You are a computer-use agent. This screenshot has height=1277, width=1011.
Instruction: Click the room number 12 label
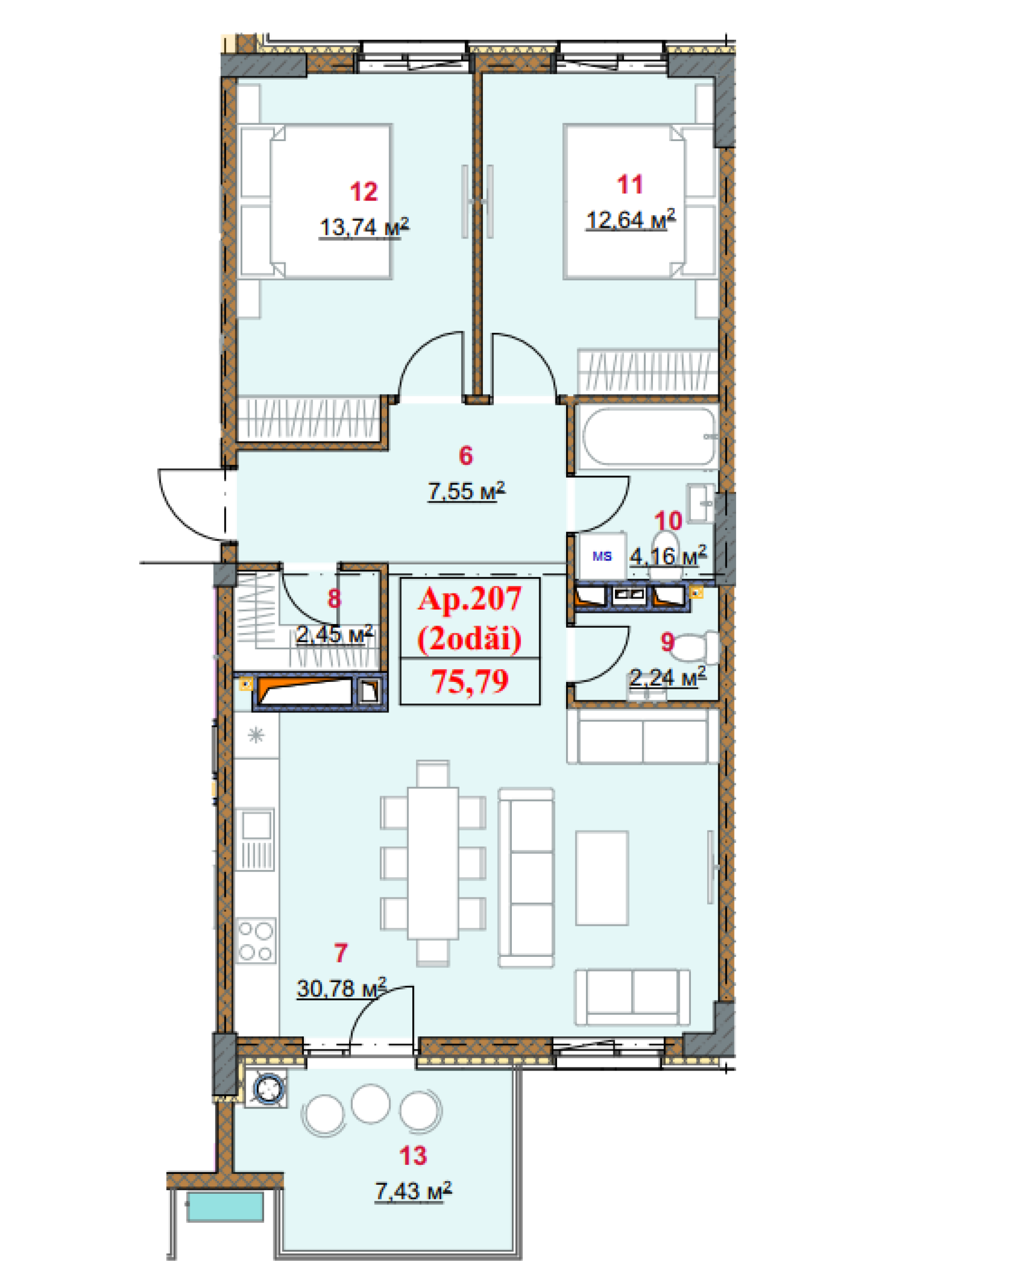point(363,192)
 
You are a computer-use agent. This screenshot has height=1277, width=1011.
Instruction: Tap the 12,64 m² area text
point(630,219)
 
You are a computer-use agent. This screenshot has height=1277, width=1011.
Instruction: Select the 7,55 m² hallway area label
point(467,491)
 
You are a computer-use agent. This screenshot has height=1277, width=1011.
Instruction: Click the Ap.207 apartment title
point(470,599)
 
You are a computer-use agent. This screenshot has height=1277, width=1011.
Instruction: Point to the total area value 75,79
point(470,681)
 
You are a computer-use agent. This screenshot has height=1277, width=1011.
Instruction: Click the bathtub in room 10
point(649,437)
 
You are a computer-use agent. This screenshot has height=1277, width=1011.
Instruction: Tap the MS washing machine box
point(602,556)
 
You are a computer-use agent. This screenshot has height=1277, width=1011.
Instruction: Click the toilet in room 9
point(697,647)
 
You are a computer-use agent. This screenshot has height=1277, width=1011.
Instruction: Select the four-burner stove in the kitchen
point(256,940)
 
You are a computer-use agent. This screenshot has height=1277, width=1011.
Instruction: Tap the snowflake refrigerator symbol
point(256,735)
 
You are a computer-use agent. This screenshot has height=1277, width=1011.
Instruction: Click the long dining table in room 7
point(433,863)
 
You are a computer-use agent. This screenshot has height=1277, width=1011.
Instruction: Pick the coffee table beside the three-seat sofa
point(602,878)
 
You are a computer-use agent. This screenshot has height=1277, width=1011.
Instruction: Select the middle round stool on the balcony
point(371,1104)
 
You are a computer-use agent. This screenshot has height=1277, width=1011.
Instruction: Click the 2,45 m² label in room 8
point(334,634)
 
